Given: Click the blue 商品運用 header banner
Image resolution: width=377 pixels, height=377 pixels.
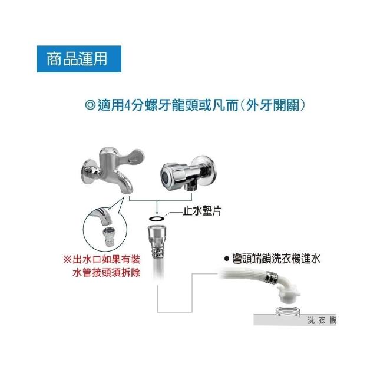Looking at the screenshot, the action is point(79,59).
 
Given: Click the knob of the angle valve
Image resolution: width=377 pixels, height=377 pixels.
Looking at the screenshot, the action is point(172,174).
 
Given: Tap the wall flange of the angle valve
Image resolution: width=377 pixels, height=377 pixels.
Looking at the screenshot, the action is point(207,170).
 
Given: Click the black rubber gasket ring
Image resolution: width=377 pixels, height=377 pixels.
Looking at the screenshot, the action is point(157,219).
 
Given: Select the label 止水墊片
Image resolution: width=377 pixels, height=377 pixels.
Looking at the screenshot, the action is point(202,211).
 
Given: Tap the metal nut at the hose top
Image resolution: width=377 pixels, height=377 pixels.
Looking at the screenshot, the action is point(157,234).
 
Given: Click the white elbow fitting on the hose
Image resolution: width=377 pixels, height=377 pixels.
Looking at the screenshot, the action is point(287,290).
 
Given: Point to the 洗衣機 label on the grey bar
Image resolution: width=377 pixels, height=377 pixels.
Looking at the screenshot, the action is point(322,320).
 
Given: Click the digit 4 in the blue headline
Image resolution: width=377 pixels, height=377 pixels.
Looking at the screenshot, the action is point(128,105).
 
